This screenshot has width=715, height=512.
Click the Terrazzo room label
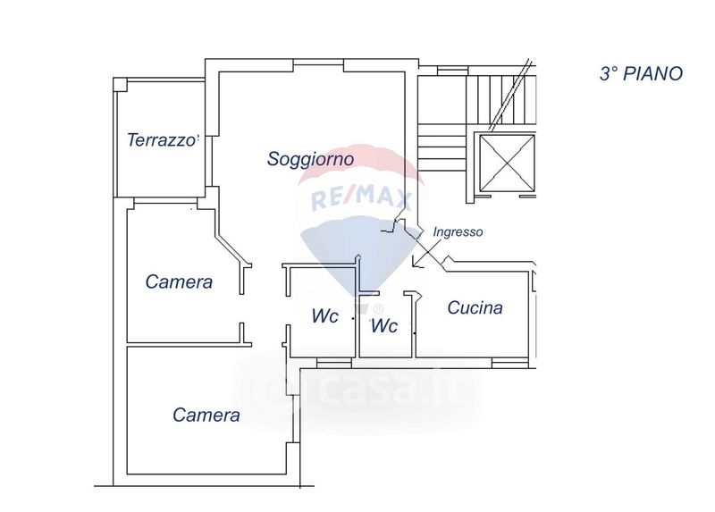pos(161,140)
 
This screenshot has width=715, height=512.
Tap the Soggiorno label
pos(310,159)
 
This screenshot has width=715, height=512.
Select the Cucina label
pos(475,308)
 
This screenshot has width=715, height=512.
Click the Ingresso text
pos(458,231)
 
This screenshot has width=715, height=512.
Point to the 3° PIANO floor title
pos(640,74)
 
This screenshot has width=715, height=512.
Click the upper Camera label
pos(179,282)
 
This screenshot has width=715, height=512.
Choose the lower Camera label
pos(206,415)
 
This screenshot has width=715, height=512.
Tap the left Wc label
pos(324,316)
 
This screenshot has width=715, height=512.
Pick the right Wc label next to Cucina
pos(384,326)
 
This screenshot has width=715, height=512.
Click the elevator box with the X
pos(507,162)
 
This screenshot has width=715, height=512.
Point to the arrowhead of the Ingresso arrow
pos(414,265)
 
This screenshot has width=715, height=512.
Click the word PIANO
pos(656,74)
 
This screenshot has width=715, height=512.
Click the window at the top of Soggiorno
pos(318,62)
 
